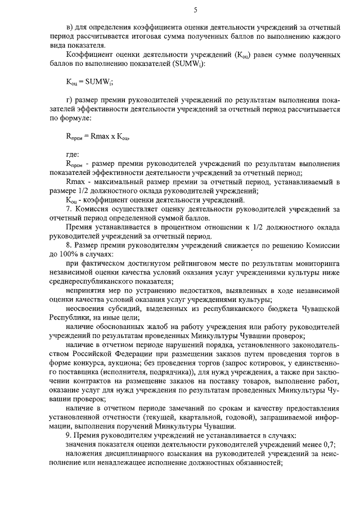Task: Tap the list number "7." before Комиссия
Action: pos(69,209)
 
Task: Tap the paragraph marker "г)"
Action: pos(70,100)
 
